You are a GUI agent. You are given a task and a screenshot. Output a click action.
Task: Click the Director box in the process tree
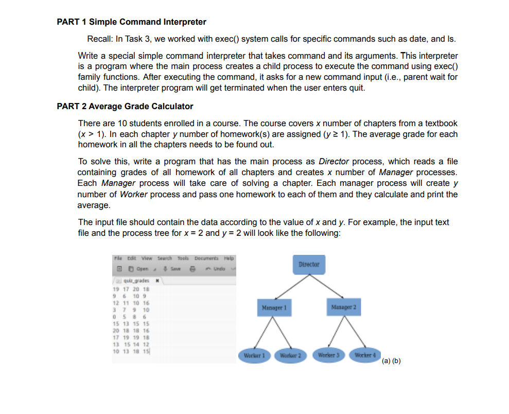tap(309, 264)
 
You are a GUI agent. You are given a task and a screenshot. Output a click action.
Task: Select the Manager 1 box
tap(274, 307)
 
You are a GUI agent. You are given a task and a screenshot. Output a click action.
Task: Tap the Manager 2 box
tap(343, 307)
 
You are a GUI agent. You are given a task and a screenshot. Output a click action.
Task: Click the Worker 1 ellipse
tap(254, 355)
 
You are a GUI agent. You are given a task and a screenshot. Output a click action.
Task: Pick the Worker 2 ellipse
tap(290, 355)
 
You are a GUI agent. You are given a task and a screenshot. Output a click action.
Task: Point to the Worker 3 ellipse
tap(329, 355)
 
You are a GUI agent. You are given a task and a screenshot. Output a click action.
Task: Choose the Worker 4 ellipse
tap(365, 355)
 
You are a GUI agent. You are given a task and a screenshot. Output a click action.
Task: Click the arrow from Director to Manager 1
tap(292, 286)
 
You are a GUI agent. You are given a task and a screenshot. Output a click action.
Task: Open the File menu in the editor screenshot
tap(117, 257)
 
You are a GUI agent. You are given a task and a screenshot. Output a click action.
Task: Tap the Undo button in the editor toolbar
tap(218, 269)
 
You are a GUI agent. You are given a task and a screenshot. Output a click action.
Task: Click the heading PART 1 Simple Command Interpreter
tap(131, 22)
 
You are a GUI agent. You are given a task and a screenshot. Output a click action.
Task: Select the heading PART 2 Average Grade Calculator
tap(125, 106)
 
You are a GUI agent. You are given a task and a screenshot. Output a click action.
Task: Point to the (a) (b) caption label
tap(392, 360)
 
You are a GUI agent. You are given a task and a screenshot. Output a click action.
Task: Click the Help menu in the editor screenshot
tap(229, 257)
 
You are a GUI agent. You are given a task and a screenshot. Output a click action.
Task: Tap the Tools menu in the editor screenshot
tap(183, 257)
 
